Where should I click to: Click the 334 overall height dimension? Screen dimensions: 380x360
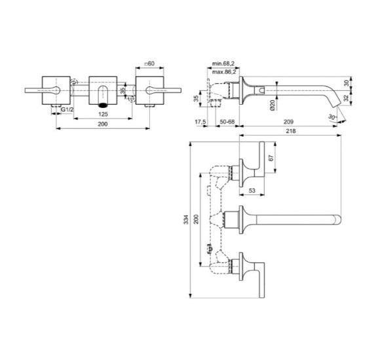(186, 219)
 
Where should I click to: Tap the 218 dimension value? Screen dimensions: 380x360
(291, 131)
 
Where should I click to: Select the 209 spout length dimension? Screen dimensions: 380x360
(288, 122)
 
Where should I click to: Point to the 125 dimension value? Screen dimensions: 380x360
(103, 114)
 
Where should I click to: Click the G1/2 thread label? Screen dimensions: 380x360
(67, 109)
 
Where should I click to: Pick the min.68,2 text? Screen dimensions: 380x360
(223, 63)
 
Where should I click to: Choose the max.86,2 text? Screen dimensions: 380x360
(223, 72)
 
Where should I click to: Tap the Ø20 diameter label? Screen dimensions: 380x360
(273, 105)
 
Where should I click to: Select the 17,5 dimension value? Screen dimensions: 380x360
(200, 122)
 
